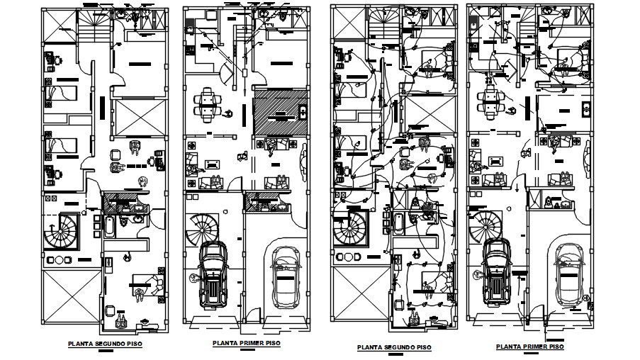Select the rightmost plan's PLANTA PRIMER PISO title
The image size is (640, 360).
click(531, 347)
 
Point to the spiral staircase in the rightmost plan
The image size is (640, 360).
click(488, 225)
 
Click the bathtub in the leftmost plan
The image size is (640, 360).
click(110, 226)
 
